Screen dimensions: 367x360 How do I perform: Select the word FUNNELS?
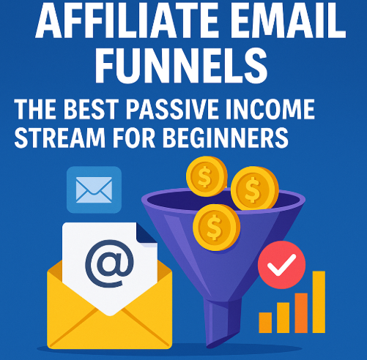181,65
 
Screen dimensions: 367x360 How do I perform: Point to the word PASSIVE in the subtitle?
171,109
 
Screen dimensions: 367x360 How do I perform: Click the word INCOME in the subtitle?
270,109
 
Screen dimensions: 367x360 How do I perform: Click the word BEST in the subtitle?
91,109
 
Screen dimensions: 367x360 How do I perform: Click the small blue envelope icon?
94,190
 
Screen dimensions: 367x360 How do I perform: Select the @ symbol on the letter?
109,263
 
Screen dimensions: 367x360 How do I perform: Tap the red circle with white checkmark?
281,265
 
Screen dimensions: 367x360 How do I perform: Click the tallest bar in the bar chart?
319,302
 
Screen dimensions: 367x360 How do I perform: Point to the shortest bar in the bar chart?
265,323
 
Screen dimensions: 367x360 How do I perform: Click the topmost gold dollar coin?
207,176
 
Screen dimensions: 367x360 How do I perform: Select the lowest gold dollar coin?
216,228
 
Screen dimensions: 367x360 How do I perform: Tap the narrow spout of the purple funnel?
222,323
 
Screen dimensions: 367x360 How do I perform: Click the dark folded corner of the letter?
147,233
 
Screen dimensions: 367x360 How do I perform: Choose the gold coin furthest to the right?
255,188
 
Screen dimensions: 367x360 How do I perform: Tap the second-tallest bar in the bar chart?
301,313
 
